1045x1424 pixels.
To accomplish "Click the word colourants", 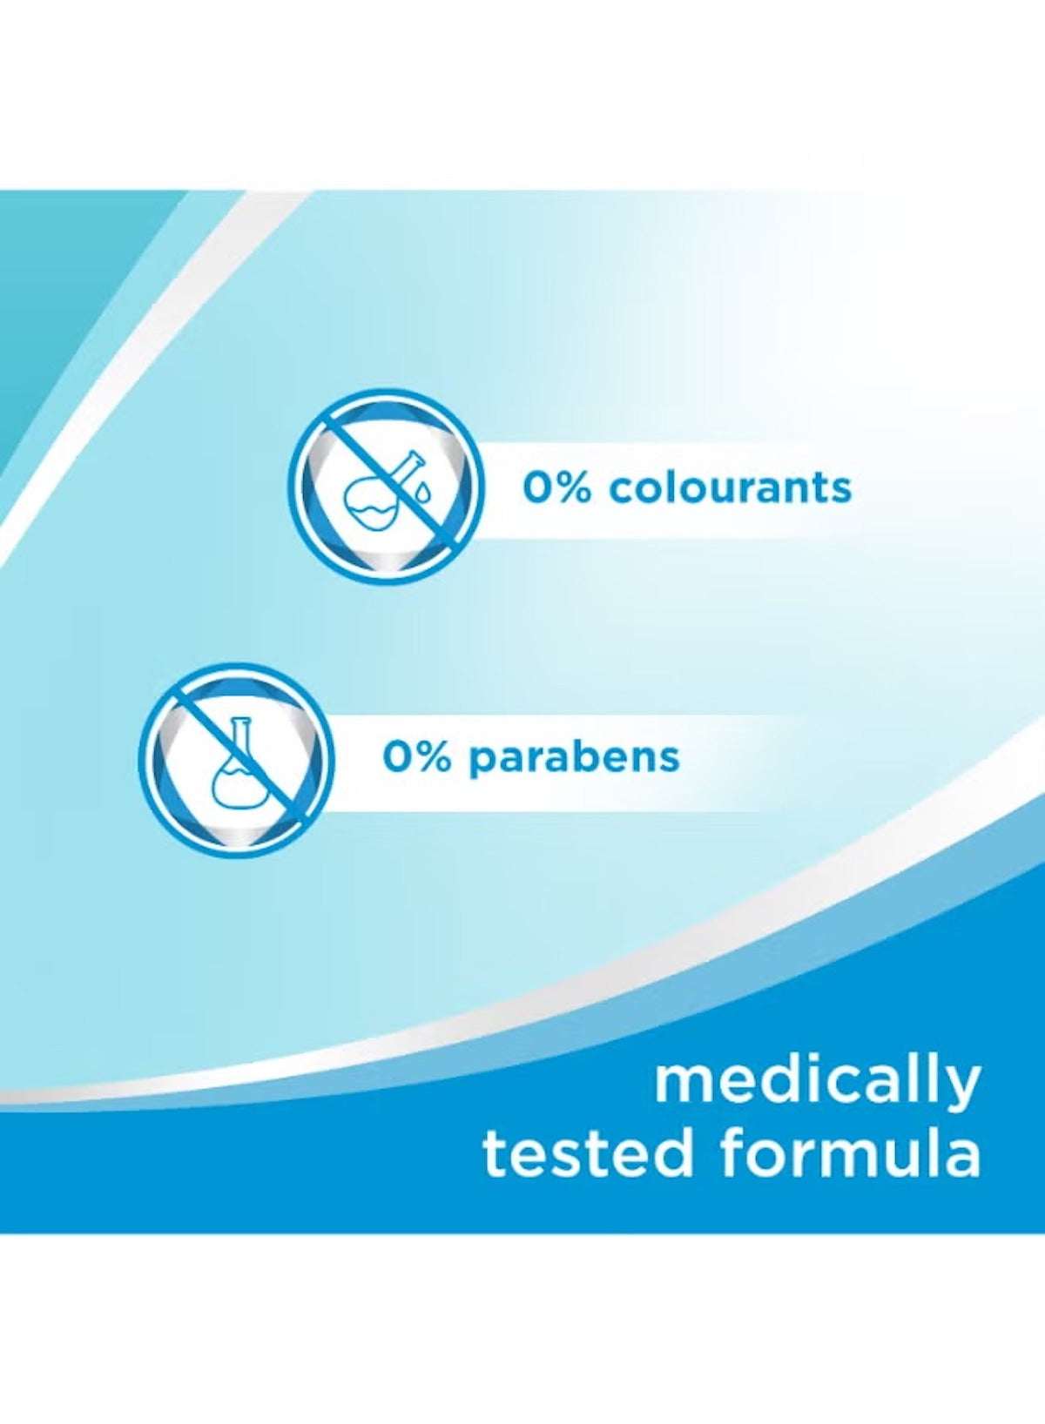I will [730, 487].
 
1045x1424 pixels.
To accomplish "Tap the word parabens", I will [574, 757].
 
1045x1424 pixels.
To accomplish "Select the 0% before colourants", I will [556, 487].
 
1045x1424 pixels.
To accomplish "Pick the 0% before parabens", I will [417, 757].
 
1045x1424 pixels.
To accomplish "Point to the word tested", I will [589, 1152].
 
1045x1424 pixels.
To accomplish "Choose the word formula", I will [850, 1152].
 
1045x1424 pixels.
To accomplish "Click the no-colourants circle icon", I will [384, 486].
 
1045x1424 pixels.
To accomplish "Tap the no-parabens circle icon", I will [235, 759].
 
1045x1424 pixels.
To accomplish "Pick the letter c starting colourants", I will [620, 489].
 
